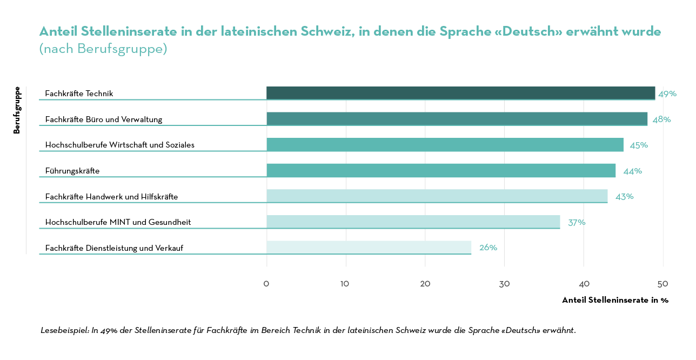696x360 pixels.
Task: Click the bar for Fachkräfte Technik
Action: pyautogui.click(x=460, y=93)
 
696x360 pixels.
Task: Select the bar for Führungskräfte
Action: pyautogui.click(x=441, y=170)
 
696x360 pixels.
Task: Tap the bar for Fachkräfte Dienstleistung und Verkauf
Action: pyautogui.click(x=369, y=248)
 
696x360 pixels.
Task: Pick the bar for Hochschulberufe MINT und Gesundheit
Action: pyautogui.click(x=413, y=222)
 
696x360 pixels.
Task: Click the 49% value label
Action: pyautogui.click(x=667, y=94)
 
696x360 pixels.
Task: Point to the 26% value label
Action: pyautogui.click(x=488, y=248)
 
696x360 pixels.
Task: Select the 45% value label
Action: pyautogui.click(x=638, y=145)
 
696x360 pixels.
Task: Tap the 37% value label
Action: pyautogui.click(x=576, y=222)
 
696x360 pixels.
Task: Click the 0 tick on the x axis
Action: pyautogui.click(x=266, y=284)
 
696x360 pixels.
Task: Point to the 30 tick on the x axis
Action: pyautogui.click(x=504, y=284)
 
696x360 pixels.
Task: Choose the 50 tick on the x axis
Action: pyautogui.click(x=662, y=284)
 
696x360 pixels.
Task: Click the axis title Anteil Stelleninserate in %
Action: pyautogui.click(x=615, y=300)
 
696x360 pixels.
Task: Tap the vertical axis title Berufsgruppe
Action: pyautogui.click(x=17, y=110)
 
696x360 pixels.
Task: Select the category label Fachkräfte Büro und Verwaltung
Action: pyautogui.click(x=103, y=119)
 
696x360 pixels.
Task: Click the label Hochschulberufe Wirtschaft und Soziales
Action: pyautogui.click(x=119, y=145)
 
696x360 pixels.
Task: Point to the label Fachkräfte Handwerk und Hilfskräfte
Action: pyautogui.click(x=111, y=197)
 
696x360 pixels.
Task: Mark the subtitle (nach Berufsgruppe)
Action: pyautogui.click(x=103, y=49)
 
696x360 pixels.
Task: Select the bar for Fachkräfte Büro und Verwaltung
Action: pyautogui.click(x=457, y=119)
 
